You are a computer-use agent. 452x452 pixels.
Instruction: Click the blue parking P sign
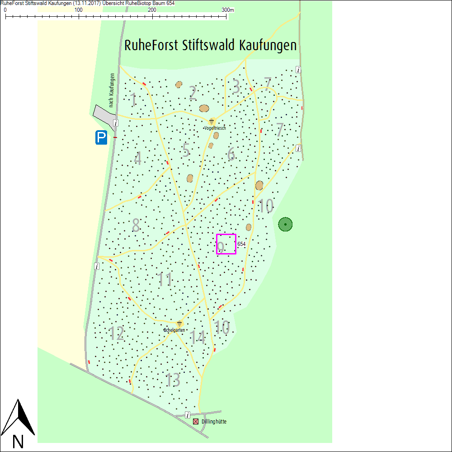pos(101,137)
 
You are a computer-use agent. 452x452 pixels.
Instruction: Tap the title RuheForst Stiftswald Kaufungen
pos(210,46)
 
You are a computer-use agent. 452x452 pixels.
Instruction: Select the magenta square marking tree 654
pos(226,244)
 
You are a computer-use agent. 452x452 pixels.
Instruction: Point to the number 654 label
pos(241,244)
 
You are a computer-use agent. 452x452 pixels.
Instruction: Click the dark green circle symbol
pos(285,224)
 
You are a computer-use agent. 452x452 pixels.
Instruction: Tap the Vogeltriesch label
pos(215,128)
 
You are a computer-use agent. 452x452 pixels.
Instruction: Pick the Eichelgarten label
pos(174,330)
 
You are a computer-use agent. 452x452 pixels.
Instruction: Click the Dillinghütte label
pos(214,422)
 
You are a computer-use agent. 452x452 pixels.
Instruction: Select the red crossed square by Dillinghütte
pos(196,421)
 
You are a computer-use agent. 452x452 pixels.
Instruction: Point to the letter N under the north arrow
pos(18,441)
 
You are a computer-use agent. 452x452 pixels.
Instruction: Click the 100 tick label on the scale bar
pos(78,10)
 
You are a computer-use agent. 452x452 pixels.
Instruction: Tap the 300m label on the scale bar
pos(228,10)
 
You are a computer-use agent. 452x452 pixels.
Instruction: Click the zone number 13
pos(173,380)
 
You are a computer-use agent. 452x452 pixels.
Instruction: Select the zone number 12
pos(117,334)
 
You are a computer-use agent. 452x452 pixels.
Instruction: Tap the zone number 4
pos(138,159)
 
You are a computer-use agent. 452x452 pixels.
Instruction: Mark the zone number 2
pos(193,93)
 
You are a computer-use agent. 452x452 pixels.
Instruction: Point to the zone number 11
pos(165,280)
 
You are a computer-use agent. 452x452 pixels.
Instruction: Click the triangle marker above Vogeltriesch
pos(212,122)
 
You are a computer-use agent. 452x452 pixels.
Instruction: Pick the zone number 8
pos(136,226)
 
